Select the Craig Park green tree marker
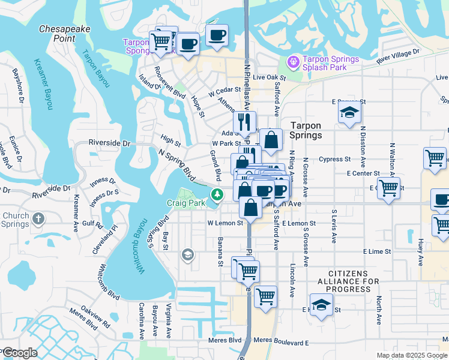click(217, 194)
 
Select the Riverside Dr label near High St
click(109, 143)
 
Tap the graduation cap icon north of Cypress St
click(349, 112)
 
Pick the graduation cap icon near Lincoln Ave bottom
click(321, 305)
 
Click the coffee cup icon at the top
click(217, 36)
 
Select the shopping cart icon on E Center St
click(389, 188)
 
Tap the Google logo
click(19, 353)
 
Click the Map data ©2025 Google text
click(411, 355)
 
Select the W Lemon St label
click(225, 223)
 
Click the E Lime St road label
click(376, 252)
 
